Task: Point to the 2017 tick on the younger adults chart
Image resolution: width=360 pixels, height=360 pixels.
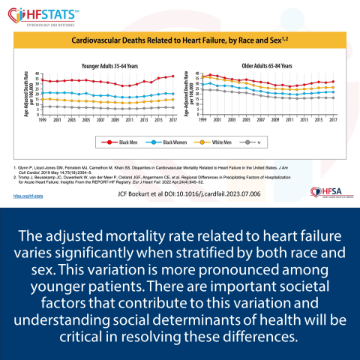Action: coord(173,119)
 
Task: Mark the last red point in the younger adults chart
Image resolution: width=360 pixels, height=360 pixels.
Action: coord(173,76)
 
